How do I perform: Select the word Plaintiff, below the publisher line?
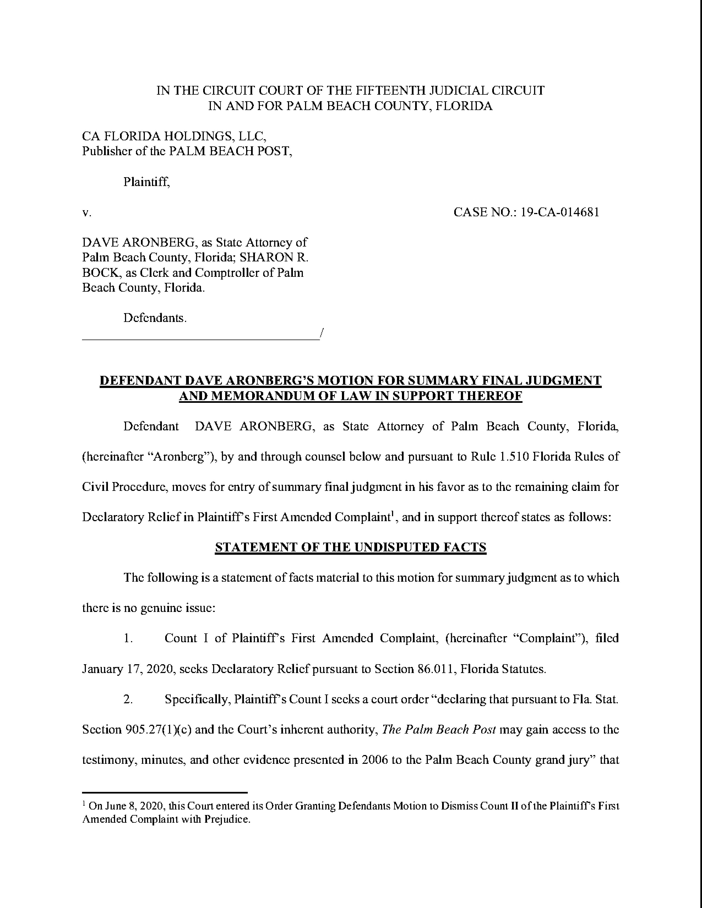pos(146,182)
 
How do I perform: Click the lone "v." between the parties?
pos(86,213)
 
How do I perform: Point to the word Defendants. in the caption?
pos(155,318)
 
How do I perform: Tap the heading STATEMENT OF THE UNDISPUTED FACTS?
pos(350,547)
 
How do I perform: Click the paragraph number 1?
pos(128,638)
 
